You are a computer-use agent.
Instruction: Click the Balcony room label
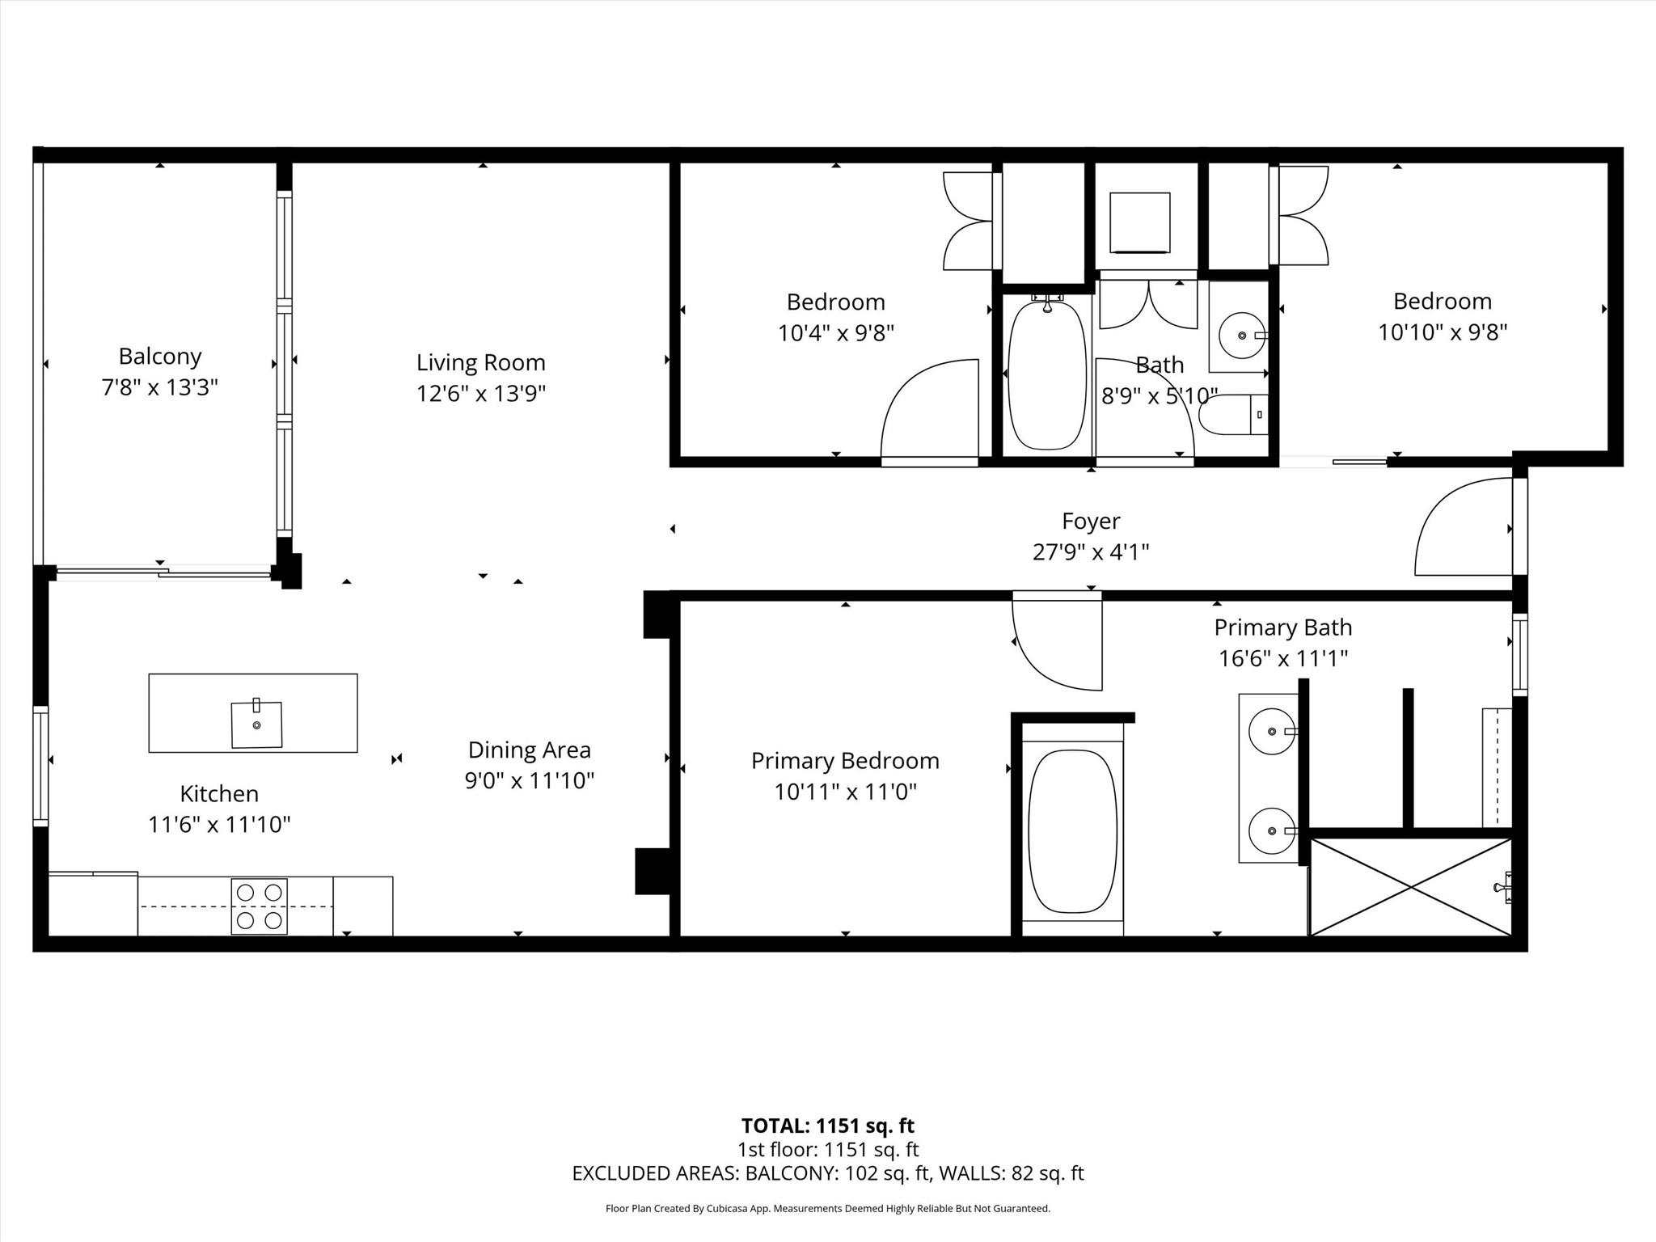coord(159,356)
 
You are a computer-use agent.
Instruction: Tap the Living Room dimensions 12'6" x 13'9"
coord(481,394)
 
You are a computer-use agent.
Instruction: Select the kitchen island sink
coord(256,724)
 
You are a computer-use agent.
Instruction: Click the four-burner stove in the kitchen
coord(260,906)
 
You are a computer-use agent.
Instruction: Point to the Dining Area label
coord(529,750)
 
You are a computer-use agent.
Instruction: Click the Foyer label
coord(1091,521)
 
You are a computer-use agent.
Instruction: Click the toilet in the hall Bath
coord(1233,415)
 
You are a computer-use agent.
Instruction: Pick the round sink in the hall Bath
coord(1241,335)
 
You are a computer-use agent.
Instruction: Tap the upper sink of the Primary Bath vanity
coord(1272,731)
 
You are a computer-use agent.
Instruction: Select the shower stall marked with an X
coord(1410,887)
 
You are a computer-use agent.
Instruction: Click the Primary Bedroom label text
coord(845,761)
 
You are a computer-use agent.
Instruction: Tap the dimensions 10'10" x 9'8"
coord(1443,332)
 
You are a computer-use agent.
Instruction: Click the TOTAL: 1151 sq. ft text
coord(827,1126)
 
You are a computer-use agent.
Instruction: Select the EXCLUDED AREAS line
coord(827,1173)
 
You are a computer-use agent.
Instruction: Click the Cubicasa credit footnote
coord(827,1209)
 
